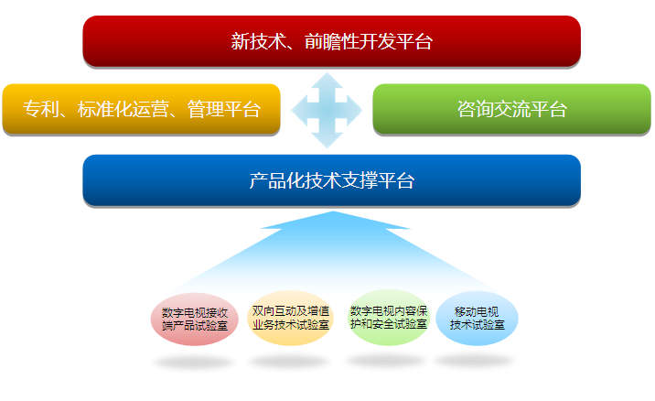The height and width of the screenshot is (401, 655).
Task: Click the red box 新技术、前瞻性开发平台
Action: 332,41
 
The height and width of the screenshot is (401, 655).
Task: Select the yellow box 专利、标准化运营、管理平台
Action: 141,109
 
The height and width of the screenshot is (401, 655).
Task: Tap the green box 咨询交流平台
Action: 511,109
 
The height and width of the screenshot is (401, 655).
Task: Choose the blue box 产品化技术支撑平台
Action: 332,180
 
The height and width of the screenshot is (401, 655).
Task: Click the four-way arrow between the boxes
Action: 327,111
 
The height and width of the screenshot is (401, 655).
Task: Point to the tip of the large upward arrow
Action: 333,211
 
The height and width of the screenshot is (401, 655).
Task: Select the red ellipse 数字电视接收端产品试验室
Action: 195,319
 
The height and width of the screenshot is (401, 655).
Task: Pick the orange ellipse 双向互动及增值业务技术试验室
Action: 291,318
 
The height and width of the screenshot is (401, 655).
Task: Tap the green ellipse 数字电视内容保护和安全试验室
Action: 389,318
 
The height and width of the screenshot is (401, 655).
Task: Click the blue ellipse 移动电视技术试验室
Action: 477,319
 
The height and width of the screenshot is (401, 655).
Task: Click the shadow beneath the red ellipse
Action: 193,363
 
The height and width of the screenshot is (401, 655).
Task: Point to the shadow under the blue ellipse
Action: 475,360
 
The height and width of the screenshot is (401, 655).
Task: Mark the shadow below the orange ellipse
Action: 289,361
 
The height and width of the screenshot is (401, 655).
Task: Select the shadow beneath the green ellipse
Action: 386,360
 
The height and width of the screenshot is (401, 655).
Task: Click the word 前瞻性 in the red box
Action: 332,41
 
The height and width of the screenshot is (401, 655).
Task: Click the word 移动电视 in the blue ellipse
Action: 477,312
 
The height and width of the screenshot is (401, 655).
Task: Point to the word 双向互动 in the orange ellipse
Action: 274,311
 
